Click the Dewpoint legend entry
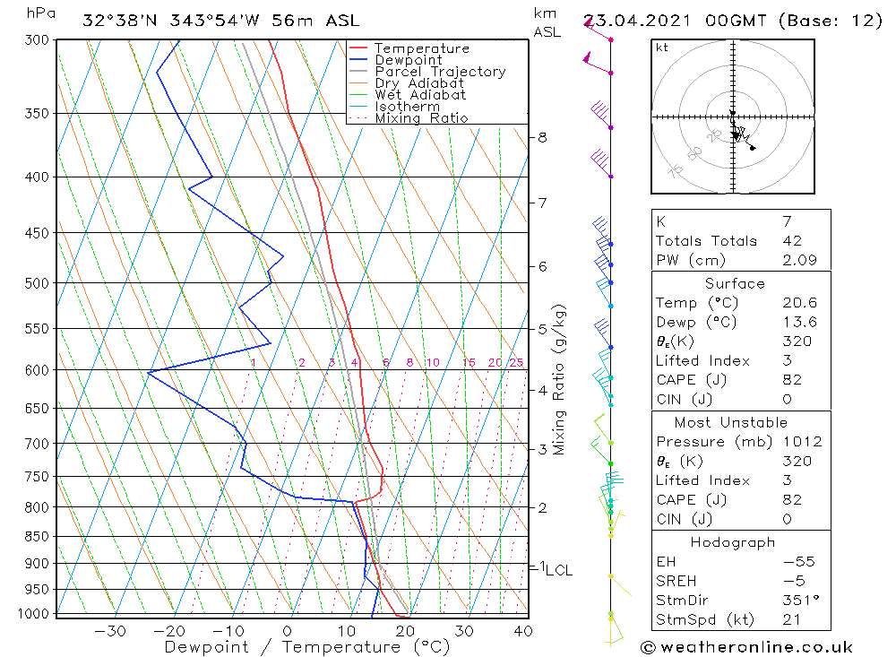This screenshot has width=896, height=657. point(408,60)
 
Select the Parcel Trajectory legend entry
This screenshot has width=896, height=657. point(440,72)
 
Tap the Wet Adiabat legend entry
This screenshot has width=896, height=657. point(420,95)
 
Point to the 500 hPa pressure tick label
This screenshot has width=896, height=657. point(37,283)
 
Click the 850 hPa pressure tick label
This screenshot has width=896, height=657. point(37,537)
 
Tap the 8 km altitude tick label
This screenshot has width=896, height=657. point(542,137)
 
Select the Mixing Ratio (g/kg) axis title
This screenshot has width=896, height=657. point(560,379)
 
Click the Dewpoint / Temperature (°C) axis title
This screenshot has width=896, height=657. point(306,647)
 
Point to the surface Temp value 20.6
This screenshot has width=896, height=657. point(799,303)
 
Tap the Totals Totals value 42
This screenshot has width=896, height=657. point(792,241)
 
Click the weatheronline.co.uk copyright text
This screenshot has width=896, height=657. point(746,647)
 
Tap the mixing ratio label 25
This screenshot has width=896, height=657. point(516,363)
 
